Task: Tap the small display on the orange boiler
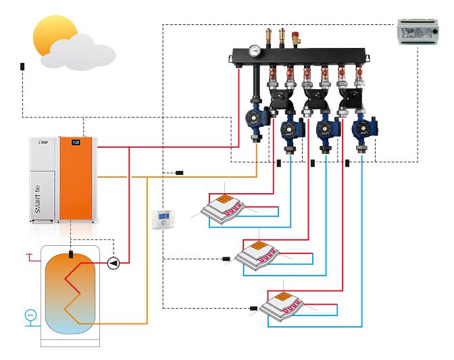[x=76, y=143]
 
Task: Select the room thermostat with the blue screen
[x=163, y=219]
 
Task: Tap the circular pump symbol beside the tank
[x=113, y=261]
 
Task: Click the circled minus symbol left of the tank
[x=30, y=314]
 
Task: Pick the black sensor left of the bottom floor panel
[x=253, y=309]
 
